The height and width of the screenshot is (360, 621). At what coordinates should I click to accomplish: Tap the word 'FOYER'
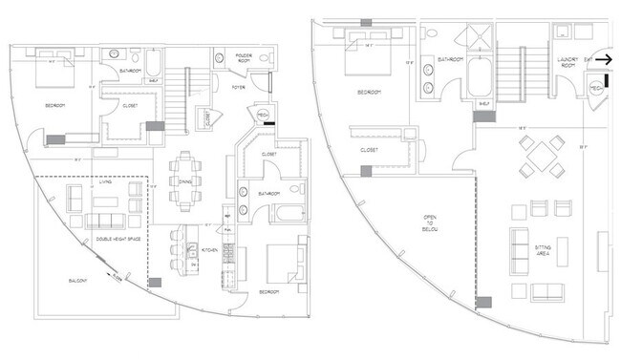pyautogui.click(x=237, y=87)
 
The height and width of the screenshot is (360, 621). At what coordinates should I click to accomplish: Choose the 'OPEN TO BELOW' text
pyautogui.click(x=429, y=229)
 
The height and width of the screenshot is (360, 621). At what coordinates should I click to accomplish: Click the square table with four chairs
pyautogui.click(x=540, y=156)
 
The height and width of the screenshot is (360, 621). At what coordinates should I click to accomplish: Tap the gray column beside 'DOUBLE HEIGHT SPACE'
pyautogui.click(x=154, y=283)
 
